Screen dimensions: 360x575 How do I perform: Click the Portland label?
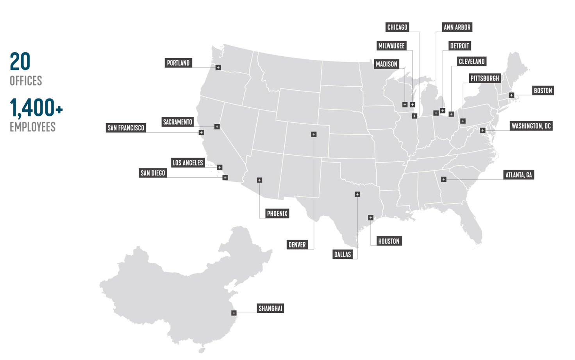178,63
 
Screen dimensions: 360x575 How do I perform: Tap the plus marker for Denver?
314,134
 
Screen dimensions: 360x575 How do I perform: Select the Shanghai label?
270,308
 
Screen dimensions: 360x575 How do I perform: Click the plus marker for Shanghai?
234,313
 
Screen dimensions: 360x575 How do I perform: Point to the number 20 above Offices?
20,62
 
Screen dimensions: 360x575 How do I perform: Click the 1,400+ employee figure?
36,108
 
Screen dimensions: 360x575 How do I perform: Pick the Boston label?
543,91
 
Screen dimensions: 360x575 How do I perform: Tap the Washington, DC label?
531,126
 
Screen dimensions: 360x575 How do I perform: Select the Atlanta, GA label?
519,175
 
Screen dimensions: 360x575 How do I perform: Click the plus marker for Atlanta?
444,179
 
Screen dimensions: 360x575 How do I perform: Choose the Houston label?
389,241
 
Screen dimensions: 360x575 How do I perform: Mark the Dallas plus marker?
357,194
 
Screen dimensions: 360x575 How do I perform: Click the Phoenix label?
277,213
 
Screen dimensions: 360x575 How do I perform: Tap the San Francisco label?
126,128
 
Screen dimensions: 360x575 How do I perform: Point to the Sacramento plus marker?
217,127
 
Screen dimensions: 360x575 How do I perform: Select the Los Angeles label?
188,163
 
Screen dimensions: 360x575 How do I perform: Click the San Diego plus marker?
225,178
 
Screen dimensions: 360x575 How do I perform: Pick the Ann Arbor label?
457,27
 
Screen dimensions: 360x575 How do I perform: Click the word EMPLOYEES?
32,127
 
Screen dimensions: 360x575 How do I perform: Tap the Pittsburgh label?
484,79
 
